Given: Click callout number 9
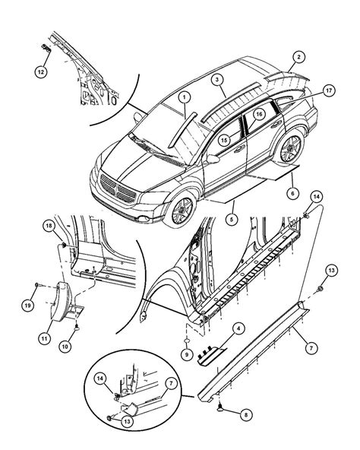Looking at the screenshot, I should [186, 353].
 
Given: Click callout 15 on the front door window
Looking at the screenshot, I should [225, 139].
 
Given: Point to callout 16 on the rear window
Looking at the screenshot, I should [258, 115].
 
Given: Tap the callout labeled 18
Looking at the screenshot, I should [49, 226].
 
